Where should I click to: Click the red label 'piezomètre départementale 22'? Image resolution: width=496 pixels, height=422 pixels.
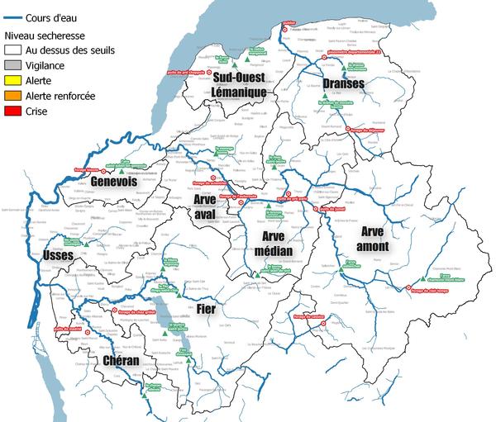click(x=348, y=53)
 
